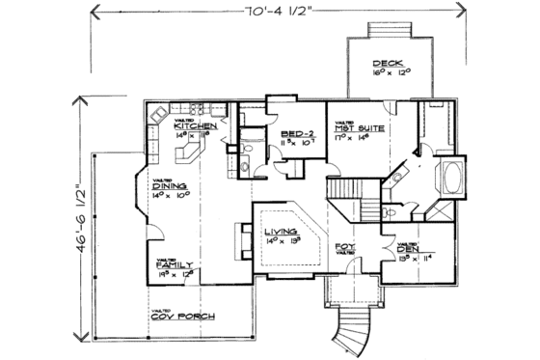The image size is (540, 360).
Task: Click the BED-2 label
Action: coord(294,134)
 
